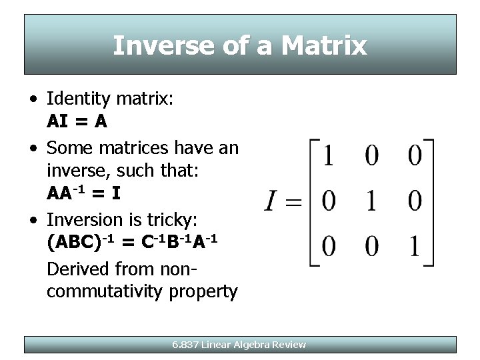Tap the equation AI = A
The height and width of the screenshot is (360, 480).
pyautogui.click(x=77, y=122)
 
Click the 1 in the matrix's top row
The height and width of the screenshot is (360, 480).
pyautogui.click(x=328, y=157)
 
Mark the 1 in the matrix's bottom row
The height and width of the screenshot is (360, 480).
pyautogui.click(x=415, y=245)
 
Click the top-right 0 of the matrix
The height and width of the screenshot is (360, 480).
pyautogui.click(x=415, y=157)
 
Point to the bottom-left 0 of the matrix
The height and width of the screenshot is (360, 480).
pyautogui.click(x=328, y=245)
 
